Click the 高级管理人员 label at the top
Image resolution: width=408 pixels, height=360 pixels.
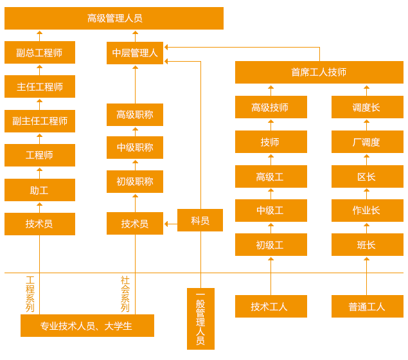(114, 18)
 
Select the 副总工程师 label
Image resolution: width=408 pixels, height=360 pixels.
(39, 53)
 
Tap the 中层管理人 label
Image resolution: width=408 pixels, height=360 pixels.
(135, 53)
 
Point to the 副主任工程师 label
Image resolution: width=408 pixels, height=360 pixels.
(40, 121)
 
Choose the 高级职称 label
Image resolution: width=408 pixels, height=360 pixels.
(135, 114)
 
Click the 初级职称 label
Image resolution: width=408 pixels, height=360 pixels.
(135, 181)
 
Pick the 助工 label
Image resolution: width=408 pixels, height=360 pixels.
(39, 190)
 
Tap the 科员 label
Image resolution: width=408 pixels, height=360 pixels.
(200, 221)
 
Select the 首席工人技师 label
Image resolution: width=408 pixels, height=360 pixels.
(319, 72)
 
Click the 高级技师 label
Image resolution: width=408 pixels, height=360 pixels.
(270, 107)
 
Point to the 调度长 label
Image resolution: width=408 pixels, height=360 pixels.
(366, 107)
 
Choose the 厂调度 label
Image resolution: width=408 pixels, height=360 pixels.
(366, 142)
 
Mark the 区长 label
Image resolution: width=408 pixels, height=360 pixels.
(366, 177)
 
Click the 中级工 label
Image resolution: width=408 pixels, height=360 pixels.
(270, 210)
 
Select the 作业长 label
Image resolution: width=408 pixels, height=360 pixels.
(366, 210)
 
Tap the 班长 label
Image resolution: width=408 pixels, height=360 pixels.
(366, 245)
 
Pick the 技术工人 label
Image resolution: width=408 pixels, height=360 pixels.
(269, 307)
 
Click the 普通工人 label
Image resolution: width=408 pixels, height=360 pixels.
(367, 307)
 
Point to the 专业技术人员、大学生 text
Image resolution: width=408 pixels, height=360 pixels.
(86, 326)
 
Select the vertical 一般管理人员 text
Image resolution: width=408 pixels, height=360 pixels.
(200, 319)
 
